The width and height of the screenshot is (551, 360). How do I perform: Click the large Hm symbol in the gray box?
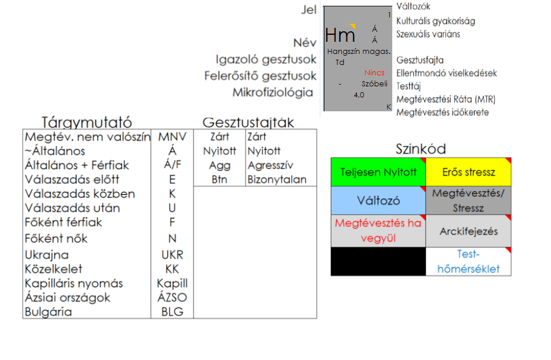click(340, 36)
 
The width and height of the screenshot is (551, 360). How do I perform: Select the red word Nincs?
click(374, 73)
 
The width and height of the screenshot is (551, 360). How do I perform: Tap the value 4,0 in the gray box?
click(359, 94)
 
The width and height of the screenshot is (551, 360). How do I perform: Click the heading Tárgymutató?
click(87, 122)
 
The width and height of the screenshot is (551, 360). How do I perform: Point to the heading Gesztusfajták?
click(248, 122)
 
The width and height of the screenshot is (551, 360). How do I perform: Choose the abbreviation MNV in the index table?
click(172, 137)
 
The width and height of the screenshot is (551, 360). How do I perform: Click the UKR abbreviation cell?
click(172, 255)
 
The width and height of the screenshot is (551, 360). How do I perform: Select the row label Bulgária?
click(48, 312)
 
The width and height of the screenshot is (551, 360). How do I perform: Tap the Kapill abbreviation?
click(172, 283)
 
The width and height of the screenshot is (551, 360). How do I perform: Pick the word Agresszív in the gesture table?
click(267, 165)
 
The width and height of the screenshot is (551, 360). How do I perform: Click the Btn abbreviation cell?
click(220, 179)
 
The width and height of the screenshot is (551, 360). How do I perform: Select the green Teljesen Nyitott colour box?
click(378, 172)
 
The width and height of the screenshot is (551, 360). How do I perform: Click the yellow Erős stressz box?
click(468, 172)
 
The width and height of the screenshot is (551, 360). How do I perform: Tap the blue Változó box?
click(378, 201)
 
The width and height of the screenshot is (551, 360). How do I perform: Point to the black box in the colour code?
click(378, 261)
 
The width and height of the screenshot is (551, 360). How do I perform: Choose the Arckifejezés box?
click(468, 231)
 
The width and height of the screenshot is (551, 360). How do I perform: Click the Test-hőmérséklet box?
click(468, 261)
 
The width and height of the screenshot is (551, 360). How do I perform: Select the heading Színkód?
click(421, 149)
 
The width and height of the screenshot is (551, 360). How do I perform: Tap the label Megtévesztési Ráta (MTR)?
click(446, 99)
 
